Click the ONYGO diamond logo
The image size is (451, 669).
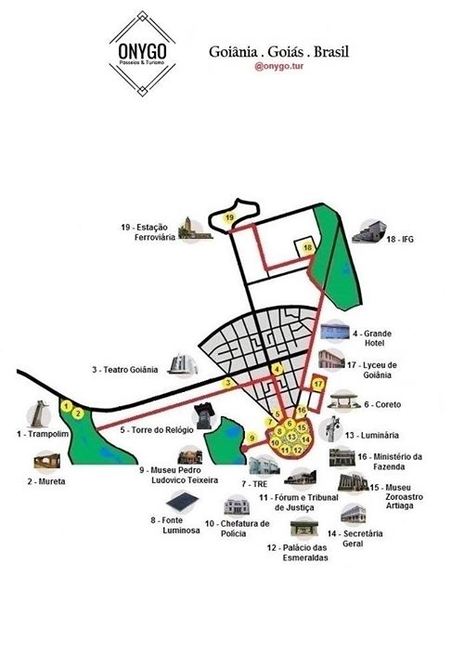click(x=142, y=53)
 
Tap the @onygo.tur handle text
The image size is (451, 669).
click(x=278, y=67)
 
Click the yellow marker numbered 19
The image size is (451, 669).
click(x=230, y=218)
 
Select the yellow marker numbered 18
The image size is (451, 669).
click(x=308, y=248)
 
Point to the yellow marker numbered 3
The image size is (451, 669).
click(x=228, y=383)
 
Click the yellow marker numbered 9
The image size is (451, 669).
click(x=251, y=438)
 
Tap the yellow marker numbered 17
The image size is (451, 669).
click(x=318, y=384)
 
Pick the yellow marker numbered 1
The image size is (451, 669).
click(x=66, y=407)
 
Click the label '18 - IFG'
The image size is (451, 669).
click(x=400, y=240)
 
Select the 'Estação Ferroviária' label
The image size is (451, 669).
click(x=149, y=232)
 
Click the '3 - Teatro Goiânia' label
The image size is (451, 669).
click(x=125, y=370)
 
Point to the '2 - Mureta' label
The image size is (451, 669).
click(x=46, y=481)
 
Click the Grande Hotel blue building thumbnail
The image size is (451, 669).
click(x=335, y=331)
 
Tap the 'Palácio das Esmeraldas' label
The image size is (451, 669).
click(x=298, y=553)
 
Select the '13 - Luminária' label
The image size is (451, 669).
click(x=372, y=435)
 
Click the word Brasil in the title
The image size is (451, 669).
click(x=331, y=52)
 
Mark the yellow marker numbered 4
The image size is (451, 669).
click(x=277, y=370)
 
